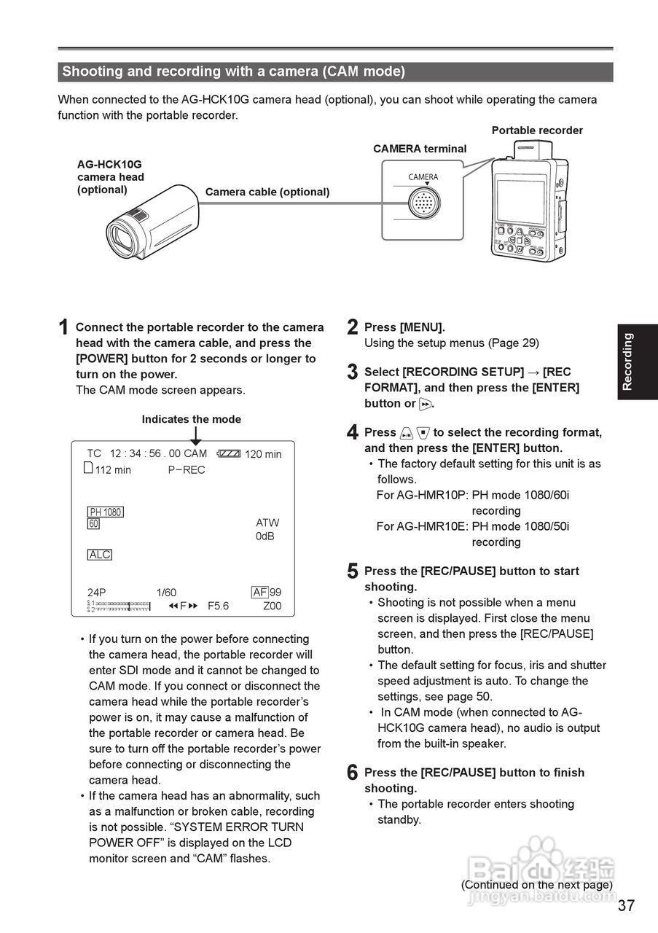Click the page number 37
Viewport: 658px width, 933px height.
(626, 906)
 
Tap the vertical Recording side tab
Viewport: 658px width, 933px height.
(628, 362)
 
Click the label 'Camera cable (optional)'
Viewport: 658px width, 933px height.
(267, 192)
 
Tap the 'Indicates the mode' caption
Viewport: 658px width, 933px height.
(191, 419)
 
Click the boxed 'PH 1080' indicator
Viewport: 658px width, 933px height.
(106, 512)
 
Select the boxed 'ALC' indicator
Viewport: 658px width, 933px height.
(100, 555)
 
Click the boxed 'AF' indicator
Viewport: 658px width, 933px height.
(260, 593)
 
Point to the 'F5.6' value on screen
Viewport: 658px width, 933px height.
(218, 606)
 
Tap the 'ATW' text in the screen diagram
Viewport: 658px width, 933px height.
(267, 523)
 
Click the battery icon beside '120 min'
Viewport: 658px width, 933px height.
(228, 453)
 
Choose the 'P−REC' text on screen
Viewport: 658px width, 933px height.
(187, 470)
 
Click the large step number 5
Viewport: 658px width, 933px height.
(353, 572)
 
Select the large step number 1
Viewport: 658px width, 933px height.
(64, 329)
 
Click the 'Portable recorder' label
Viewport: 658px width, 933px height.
(537, 130)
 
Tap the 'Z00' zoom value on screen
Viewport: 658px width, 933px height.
(272, 606)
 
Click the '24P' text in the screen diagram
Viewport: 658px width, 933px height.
(97, 593)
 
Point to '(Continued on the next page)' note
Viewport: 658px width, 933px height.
(536, 884)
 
